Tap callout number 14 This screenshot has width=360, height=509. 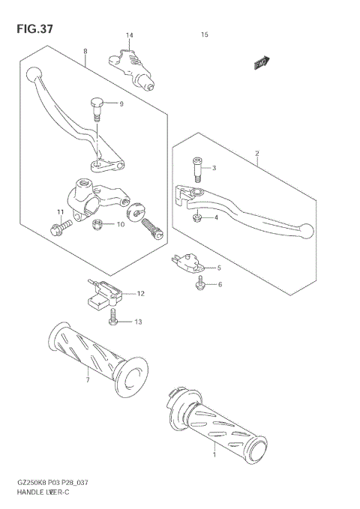129,36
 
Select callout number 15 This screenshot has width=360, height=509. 204,35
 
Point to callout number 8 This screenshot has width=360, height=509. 85,51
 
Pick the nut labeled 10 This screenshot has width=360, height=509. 97,223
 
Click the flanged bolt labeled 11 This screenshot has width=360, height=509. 63,223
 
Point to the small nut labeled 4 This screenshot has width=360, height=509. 196,217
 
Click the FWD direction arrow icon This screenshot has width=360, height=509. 261,64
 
